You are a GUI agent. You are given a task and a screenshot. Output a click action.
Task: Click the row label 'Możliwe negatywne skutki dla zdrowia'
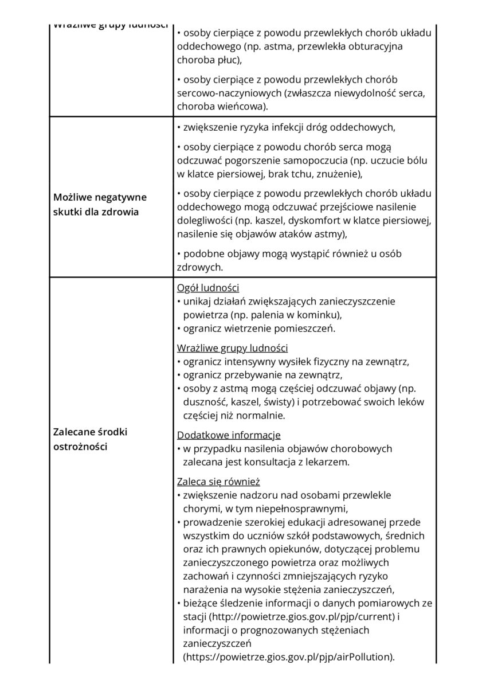point(100,204)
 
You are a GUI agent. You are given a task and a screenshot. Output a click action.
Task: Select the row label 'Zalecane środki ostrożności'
point(90,439)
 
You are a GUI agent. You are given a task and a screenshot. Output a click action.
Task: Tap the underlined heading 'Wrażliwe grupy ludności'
point(232,348)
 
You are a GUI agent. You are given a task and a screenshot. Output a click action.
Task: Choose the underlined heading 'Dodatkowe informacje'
point(229,435)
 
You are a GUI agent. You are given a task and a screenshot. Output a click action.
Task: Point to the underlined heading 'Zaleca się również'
point(218,482)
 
